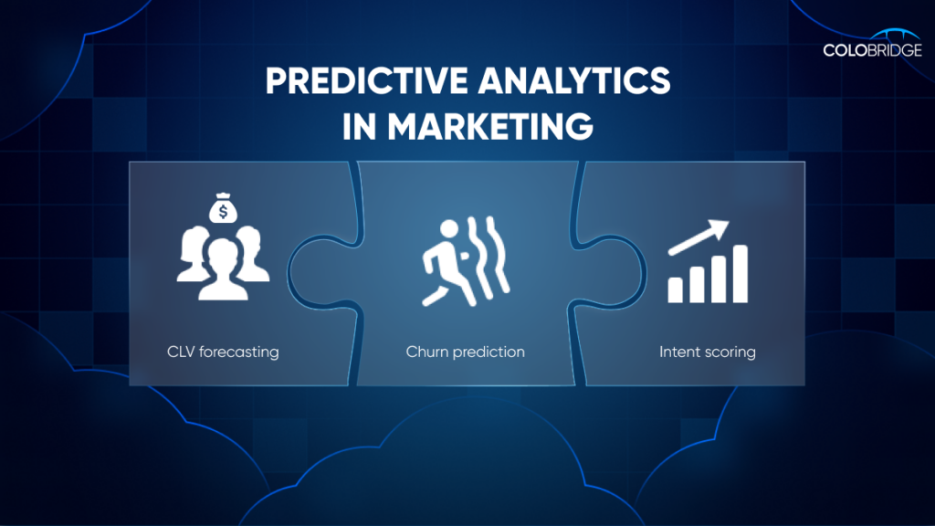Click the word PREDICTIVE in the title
(x=367, y=80)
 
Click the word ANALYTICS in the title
(x=574, y=80)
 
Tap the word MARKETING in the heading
(x=490, y=126)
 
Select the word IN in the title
(x=359, y=126)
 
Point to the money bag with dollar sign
(x=223, y=208)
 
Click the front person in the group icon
(x=223, y=269)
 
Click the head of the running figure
(x=449, y=229)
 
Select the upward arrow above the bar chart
(x=699, y=237)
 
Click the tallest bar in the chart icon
(x=740, y=274)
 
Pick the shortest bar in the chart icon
(x=675, y=290)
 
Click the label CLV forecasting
(x=223, y=352)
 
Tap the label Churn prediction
(x=465, y=352)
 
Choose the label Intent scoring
(x=708, y=352)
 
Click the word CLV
(x=181, y=352)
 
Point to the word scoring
(x=730, y=352)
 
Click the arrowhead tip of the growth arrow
(x=729, y=221)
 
